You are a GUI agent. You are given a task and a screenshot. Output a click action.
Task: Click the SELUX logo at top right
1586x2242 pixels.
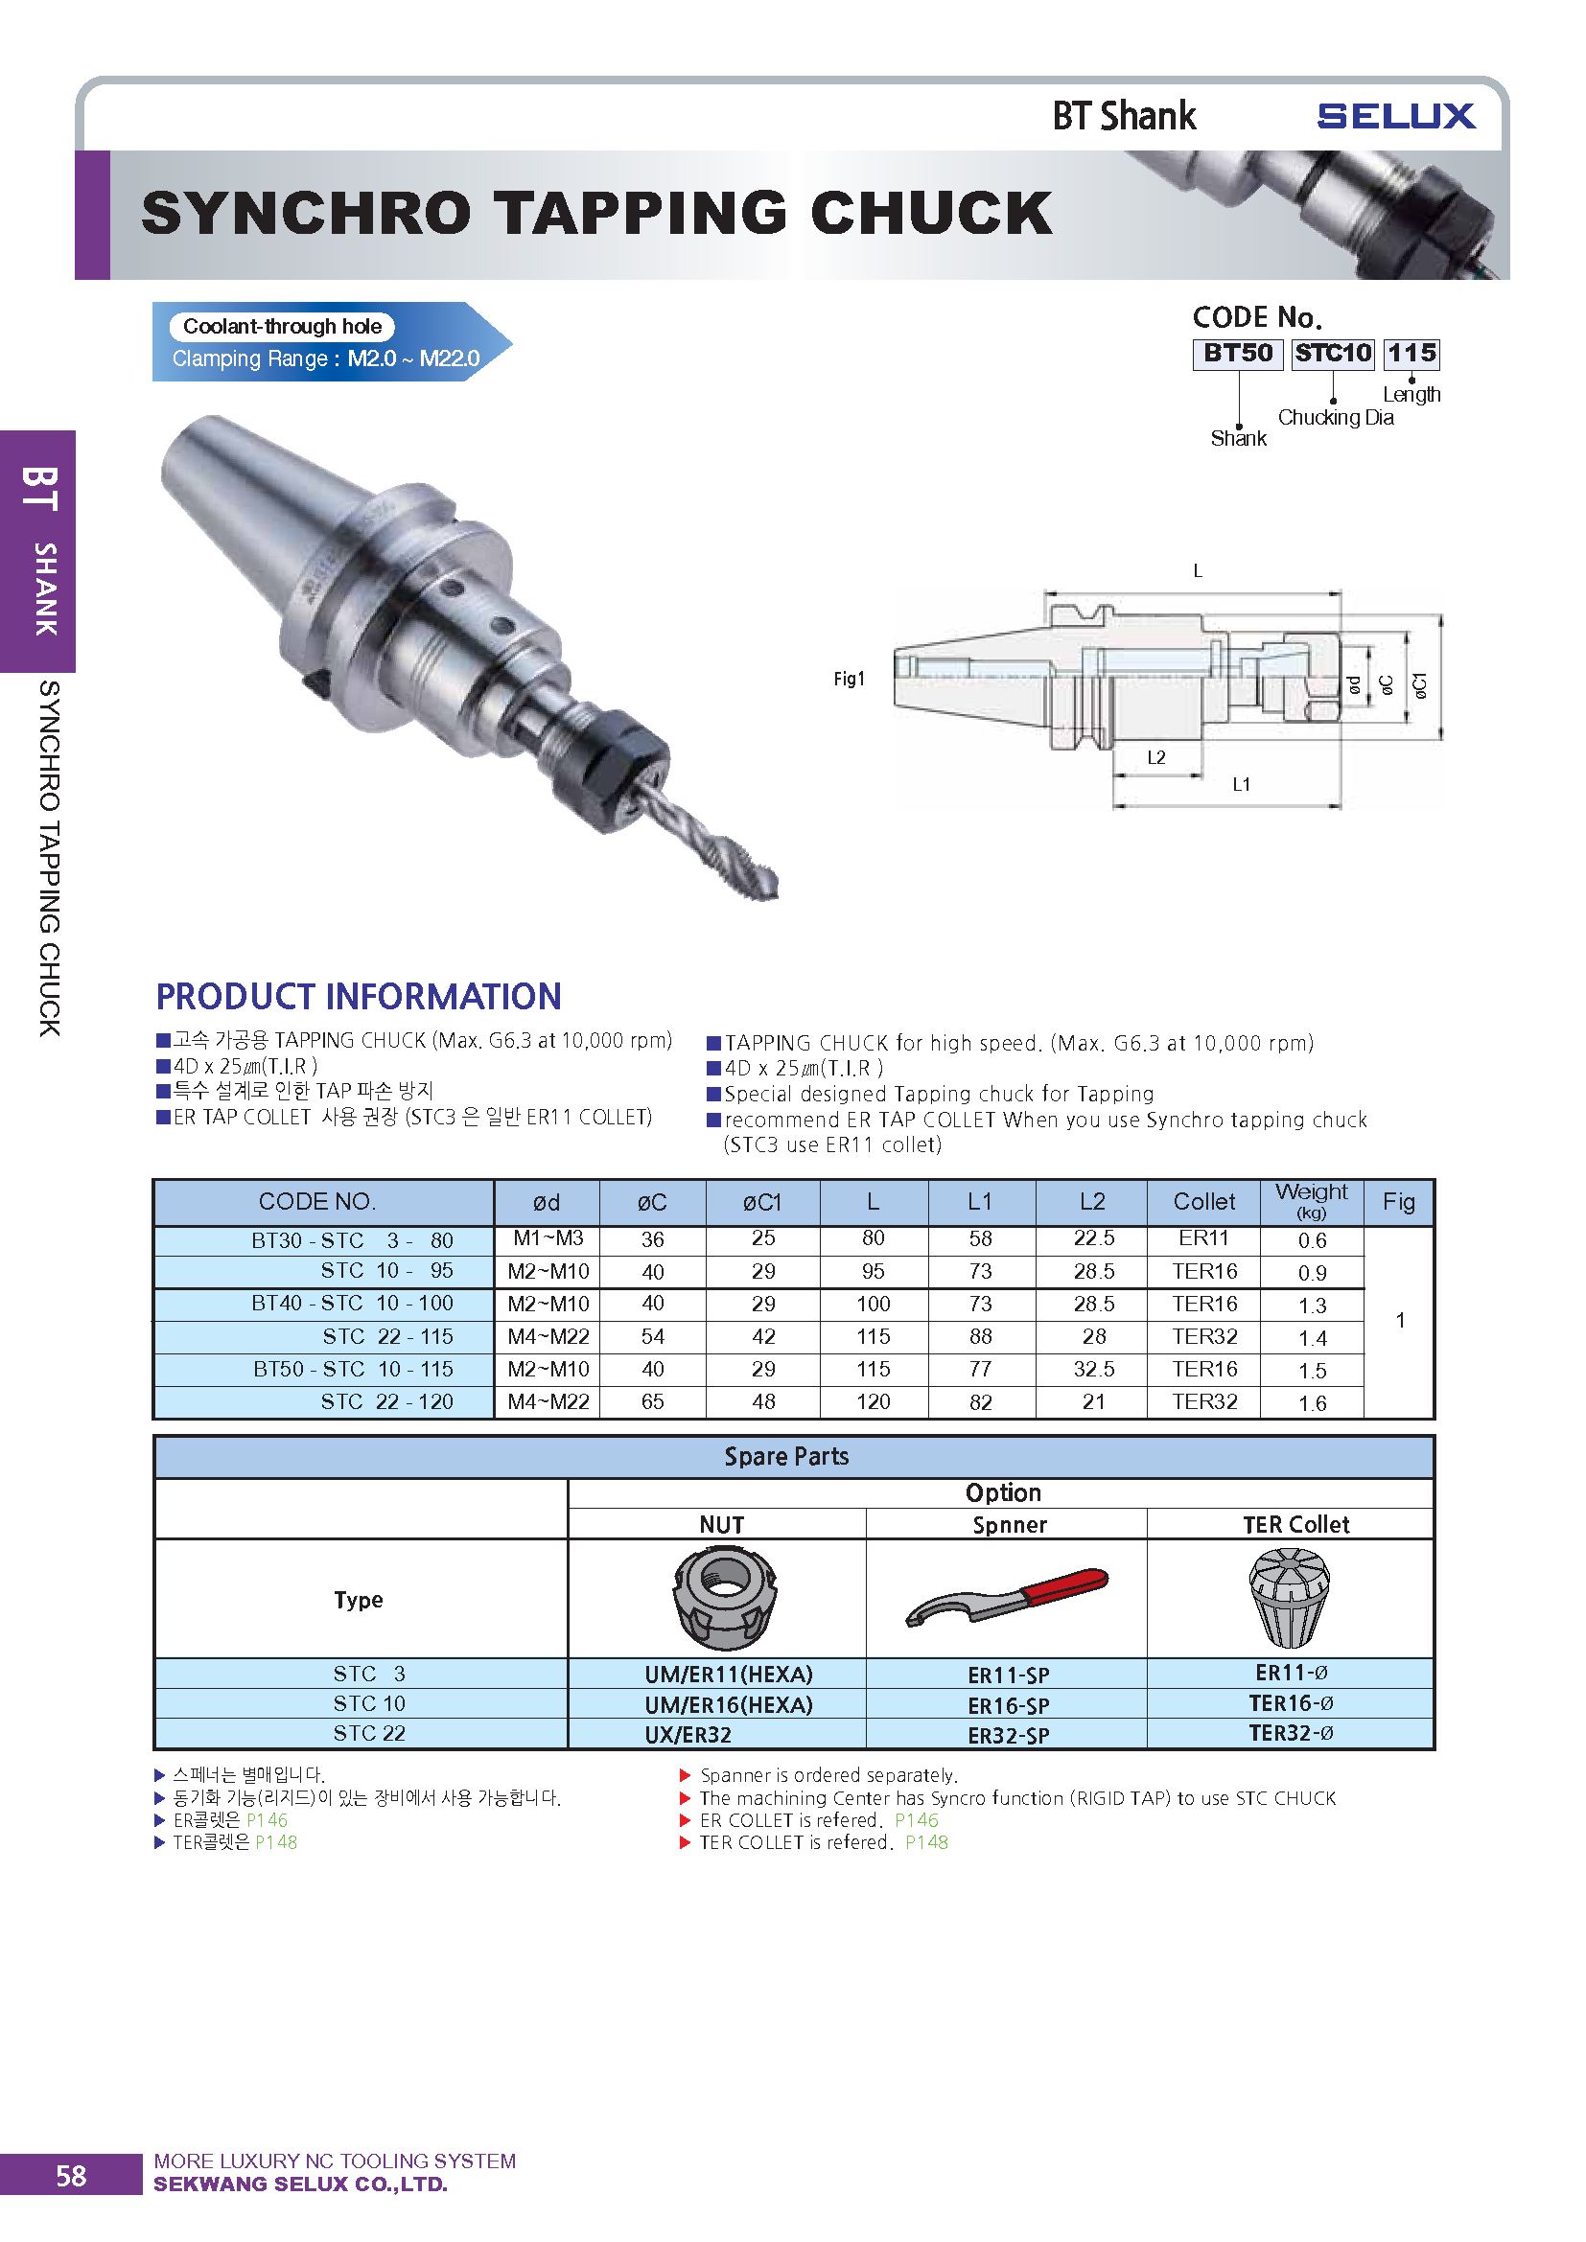(x=1395, y=116)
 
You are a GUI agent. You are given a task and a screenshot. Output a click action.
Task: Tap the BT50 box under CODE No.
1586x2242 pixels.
(x=1237, y=354)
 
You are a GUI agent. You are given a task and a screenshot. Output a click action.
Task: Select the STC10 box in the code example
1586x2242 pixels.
(x=1333, y=354)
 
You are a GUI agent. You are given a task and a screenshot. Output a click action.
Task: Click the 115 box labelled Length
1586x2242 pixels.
(x=1411, y=354)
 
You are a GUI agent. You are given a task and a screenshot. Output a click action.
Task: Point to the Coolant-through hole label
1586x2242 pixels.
(x=282, y=326)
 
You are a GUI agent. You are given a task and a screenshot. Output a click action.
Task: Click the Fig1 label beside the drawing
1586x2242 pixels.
(x=849, y=679)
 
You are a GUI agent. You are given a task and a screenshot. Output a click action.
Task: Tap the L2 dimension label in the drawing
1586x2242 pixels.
(x=1156, y=758)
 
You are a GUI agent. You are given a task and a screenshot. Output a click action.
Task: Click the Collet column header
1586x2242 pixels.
(x=1204, y=1202)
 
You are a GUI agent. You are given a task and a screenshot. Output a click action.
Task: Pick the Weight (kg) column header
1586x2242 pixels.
(x=1311, y=1200)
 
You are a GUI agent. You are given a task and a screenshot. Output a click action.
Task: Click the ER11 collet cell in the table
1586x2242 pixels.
(x=1203, y=1238)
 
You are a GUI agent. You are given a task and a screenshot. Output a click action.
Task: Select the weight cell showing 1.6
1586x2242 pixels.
(x=1312, y=1403)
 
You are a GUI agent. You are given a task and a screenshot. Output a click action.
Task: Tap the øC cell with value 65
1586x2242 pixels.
(x=652, y=1402)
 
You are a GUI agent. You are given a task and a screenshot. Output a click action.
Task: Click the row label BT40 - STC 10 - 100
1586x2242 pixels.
(x=352, y=1304)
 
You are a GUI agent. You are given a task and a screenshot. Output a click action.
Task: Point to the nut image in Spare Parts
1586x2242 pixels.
(x=724, y=1599)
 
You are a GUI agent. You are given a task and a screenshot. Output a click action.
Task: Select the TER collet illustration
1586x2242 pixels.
(x=1289, y=1598)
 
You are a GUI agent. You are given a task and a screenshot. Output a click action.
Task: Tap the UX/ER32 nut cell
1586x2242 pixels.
(x=688, y=1734)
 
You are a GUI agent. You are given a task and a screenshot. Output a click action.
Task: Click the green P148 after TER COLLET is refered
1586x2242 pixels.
(x=926, y=1842)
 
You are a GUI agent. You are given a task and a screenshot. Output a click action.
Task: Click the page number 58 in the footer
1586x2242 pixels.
(x=70, y=2176)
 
